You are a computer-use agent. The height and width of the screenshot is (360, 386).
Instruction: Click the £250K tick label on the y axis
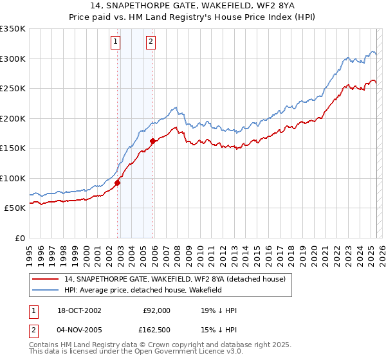click(x=13, y=88)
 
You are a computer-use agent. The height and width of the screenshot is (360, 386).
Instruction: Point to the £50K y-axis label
click(x=15, y=208)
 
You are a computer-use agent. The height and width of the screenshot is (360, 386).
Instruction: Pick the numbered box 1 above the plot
click(x=115, y=42)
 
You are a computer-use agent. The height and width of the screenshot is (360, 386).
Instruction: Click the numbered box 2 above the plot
click(x=151, y=42)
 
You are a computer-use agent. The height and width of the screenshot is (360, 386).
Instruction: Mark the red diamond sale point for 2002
click(x=118, y=183)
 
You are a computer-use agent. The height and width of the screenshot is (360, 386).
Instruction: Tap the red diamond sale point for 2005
click(x=152, y=141)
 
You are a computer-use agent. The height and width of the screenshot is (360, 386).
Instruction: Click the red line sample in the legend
click(x=46, y=279)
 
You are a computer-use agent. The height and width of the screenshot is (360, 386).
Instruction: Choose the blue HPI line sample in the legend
click(x=46, y=290)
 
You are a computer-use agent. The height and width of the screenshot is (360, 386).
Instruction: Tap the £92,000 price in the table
click(x=157, y=310)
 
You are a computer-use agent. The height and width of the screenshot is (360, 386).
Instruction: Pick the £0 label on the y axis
click(x=19, y=238)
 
